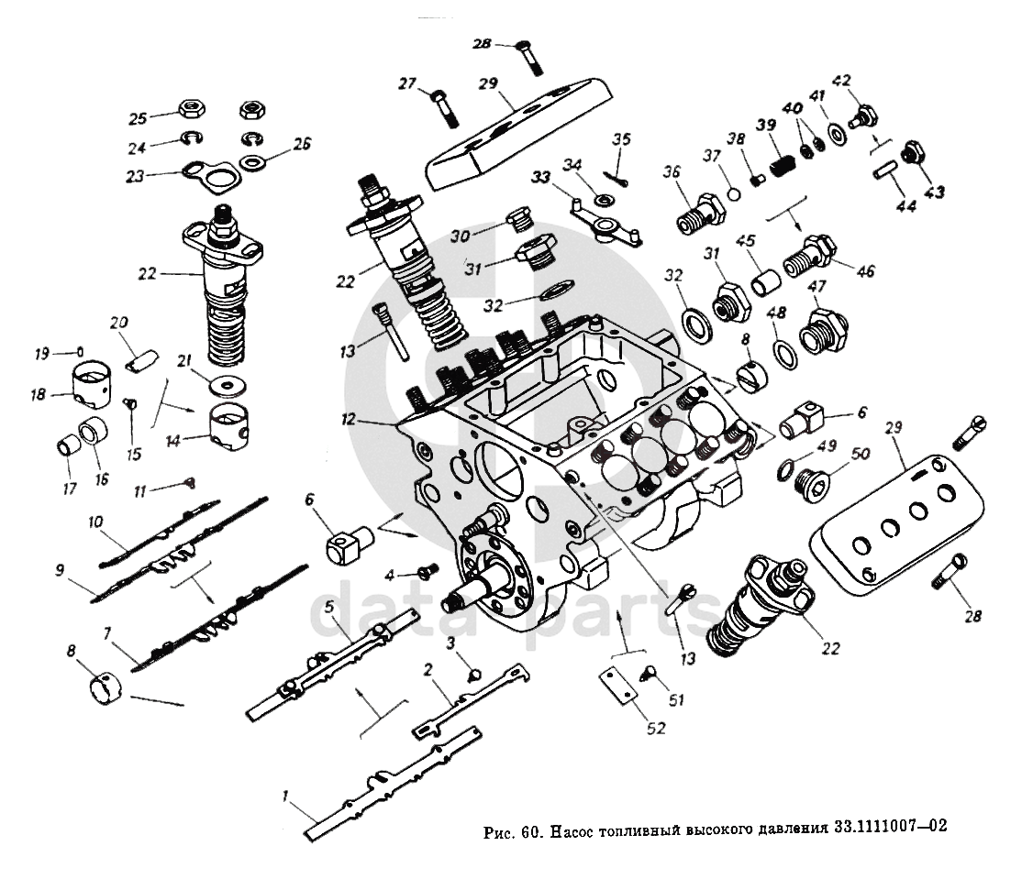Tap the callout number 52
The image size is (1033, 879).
[656, 729]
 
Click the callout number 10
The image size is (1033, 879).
[94, 522]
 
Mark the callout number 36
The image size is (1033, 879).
[672, 171]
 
